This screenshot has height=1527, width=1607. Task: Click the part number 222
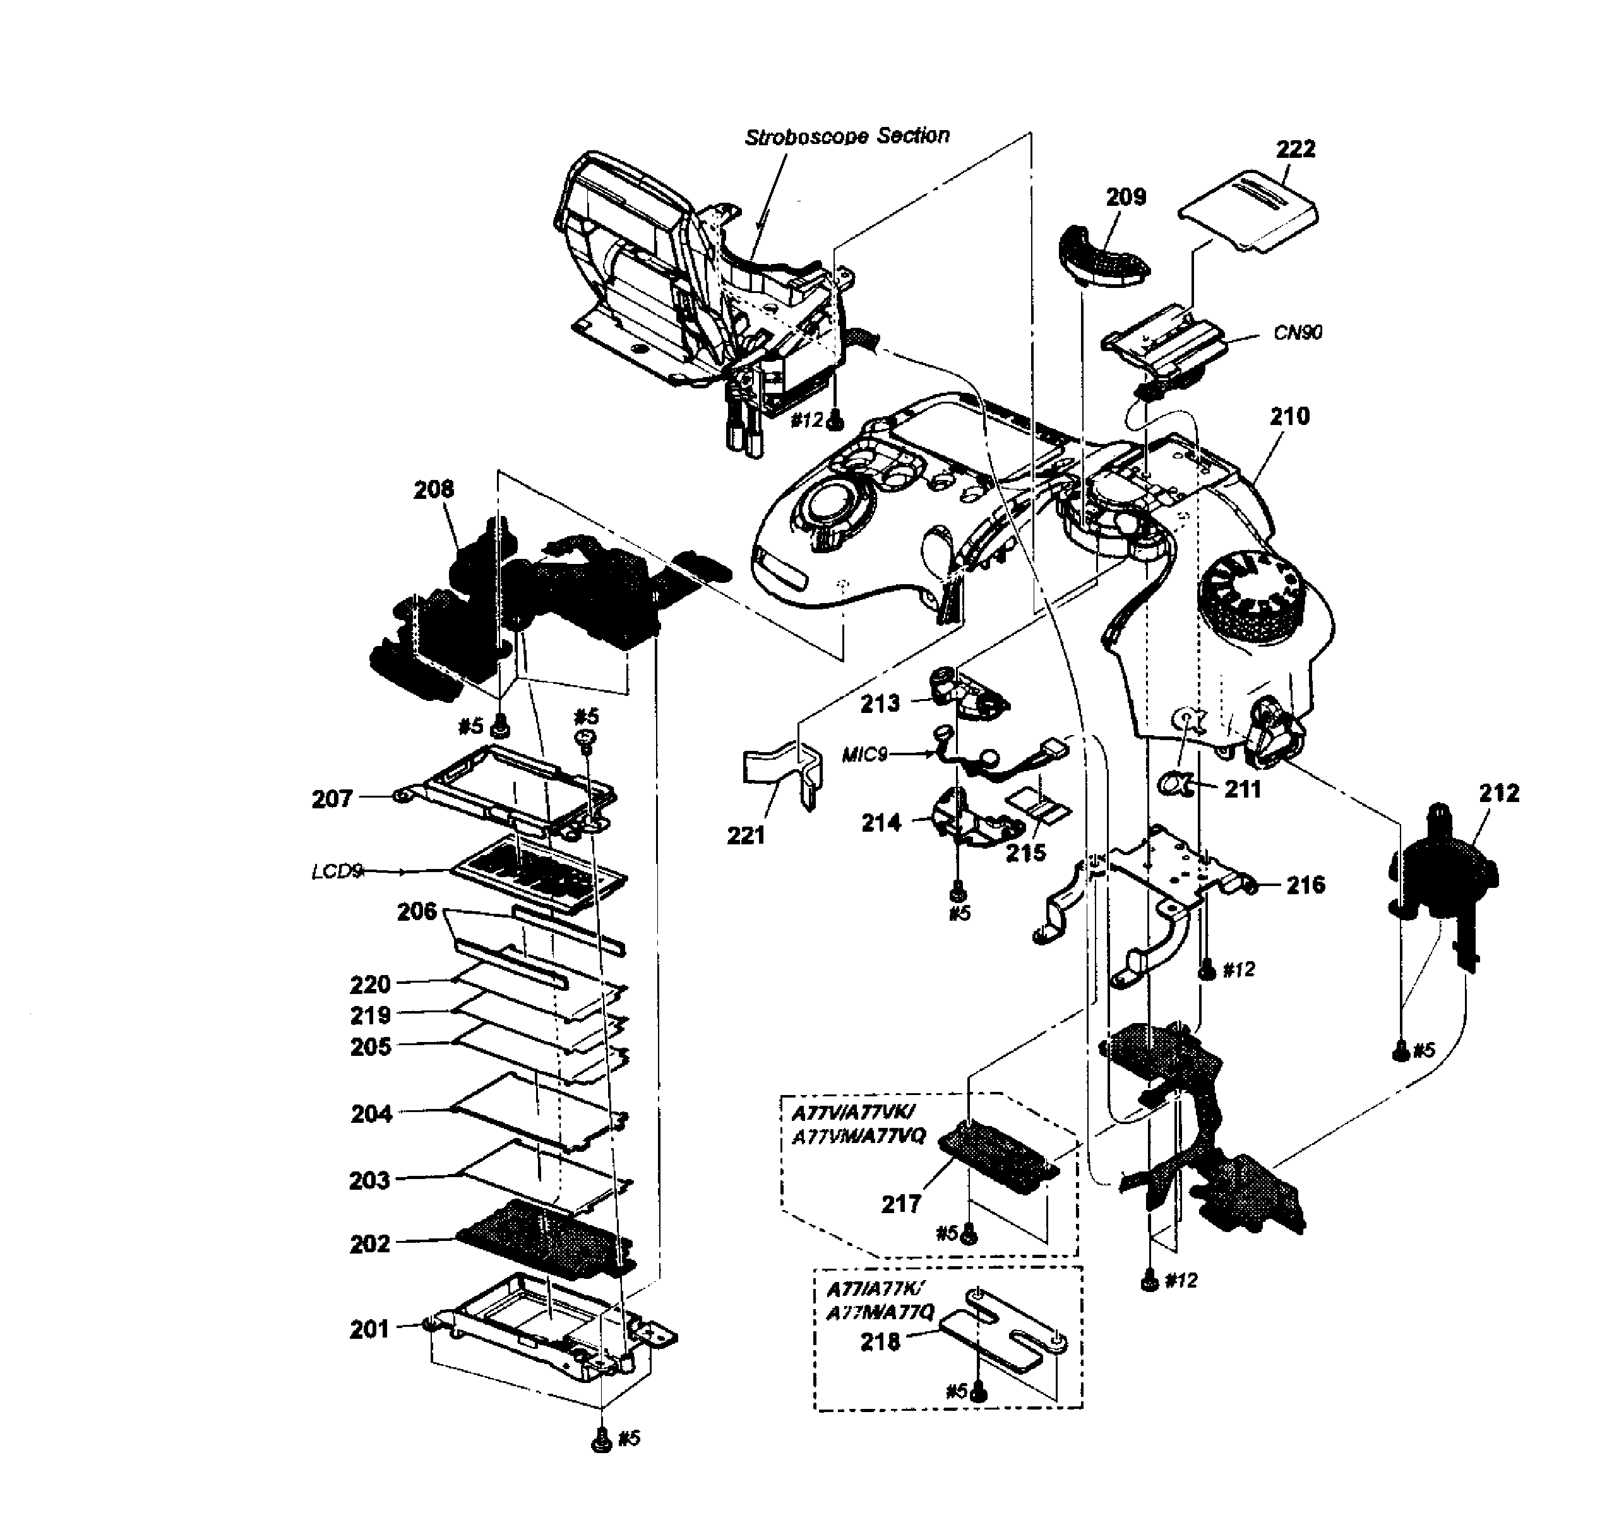pos(1295,150)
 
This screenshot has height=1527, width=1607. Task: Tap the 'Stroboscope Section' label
pos(847,136)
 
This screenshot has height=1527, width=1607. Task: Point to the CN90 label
pos(1298,332)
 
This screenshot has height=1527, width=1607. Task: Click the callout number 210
pos(1289,417)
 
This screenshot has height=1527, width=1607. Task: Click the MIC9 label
pos(864,755)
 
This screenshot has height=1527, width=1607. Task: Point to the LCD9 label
pos(336,871)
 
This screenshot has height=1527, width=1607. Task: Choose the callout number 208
pos(434,489)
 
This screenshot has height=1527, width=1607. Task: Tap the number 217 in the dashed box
pos(900,1204)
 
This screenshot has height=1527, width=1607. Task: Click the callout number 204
pos(371,1113)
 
